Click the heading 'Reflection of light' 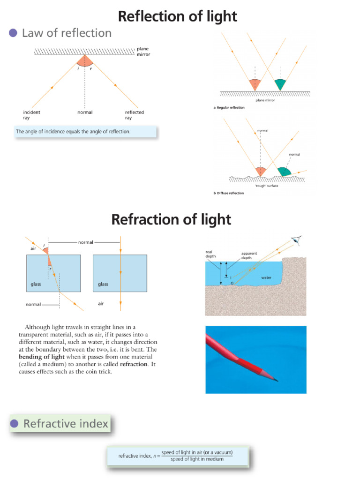click(x=177, y=16)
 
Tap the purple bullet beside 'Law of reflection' click(x=13, y=33)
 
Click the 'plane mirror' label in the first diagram click(x=143, y=51)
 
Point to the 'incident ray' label click(x=31, y=115)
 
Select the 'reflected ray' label click(x=135, y=115)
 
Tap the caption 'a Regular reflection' click(x=229, y=108)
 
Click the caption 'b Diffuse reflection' click(x=229, y=193)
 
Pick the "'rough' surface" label click(x=267, y=185)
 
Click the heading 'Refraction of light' click(x=171, y=219)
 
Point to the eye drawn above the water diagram click(x=296, y=241)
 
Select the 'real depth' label click(x=209, y=254)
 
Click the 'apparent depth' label click(x=249, y=255)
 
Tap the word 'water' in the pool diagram click(x=266, y=277)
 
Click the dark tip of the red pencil click(x=276, y=379)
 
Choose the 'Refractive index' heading click(x=66, y=424)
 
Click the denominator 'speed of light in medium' click(x=197, y=459)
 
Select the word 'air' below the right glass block click(x=100, y=304)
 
